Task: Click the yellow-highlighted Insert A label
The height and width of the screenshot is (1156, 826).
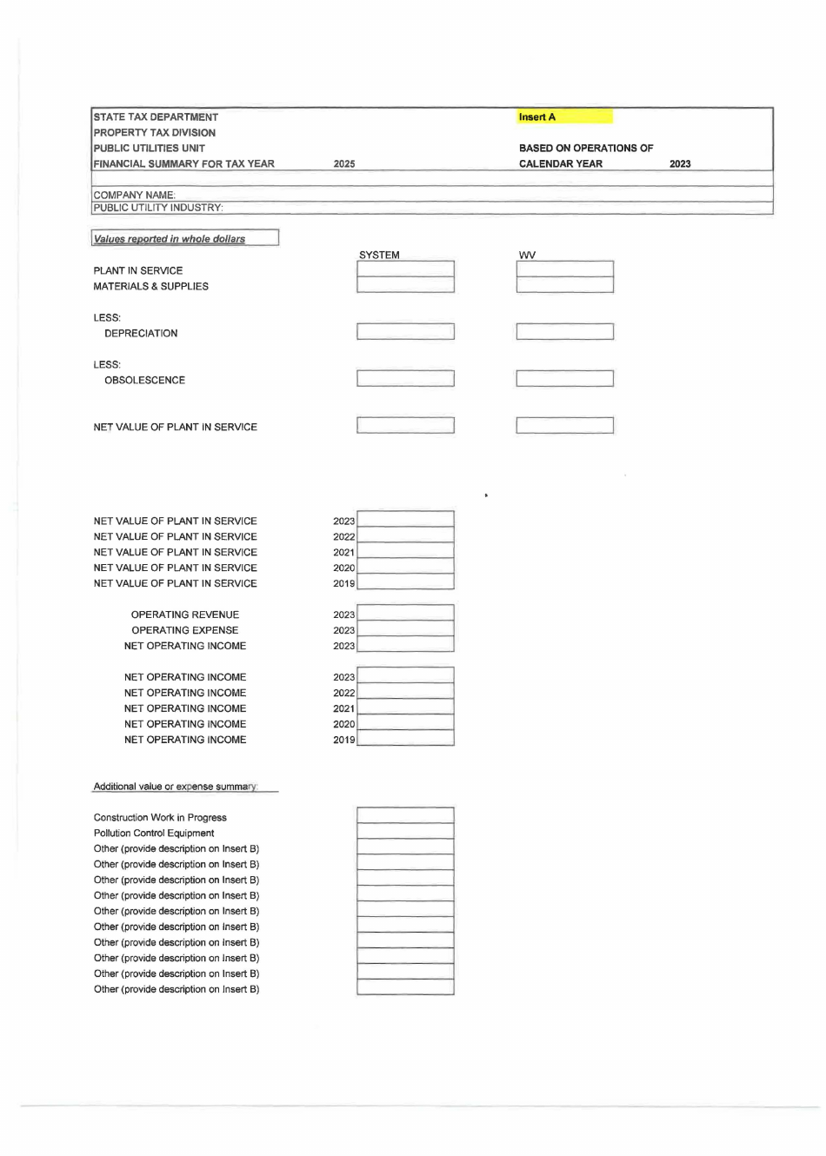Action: pos(537,116)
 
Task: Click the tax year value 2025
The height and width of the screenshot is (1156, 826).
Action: pos(344,163)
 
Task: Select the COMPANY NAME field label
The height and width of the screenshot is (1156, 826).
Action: pos(134,195)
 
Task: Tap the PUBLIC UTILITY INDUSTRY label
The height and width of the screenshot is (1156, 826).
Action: pos(158,207)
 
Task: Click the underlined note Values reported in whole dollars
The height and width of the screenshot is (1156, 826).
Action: pos(170,239)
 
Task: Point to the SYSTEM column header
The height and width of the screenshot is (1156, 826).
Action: pos(379,255)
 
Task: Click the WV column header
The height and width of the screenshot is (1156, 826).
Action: pos(527,255)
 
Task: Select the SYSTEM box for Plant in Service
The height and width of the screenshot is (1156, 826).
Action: pos(405,269)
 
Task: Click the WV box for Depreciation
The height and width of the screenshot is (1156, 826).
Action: pos(564,332)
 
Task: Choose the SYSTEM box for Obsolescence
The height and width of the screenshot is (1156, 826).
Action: pos(405,379)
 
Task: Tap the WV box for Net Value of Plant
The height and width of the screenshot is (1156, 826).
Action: pos(564,426)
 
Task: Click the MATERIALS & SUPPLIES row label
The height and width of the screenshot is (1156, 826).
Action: pos(150,286)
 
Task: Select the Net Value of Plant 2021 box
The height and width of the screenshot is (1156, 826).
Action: pos(405,552)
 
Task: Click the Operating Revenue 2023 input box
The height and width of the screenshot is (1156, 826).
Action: pos(405,614)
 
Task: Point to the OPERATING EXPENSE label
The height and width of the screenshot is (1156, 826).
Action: pos(184,630)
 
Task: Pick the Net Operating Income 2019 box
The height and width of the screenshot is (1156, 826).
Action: pos(405,739)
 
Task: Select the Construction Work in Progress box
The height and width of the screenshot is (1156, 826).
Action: pos(405,816)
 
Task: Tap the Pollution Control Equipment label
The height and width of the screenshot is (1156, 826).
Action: pos(154,833)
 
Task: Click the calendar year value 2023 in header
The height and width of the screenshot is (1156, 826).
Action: pos(680,163)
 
